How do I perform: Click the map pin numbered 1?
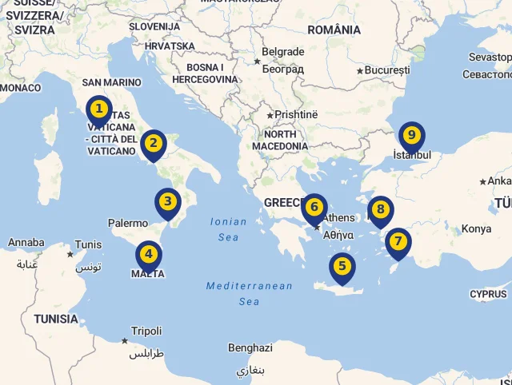pyautogui.click(x=98, y=109)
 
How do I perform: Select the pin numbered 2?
pyautogui.click(x=153, y=145)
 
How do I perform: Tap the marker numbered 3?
pyautogui.click(x=167, y=202)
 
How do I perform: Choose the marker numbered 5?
pyautogui.click(x=342, y=268)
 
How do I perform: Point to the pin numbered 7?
pyautogui.click(x=398, y=242)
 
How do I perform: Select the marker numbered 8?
pyautogui.click(x=381, y=211)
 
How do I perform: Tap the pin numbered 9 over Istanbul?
pyautogui.click(x=411, y=137)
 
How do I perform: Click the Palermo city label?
pyautogui.click(x=128, y=224)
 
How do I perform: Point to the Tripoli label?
pyautogui.click(x=146, y=331)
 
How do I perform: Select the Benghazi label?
pyautogui.click(x=250, y=348)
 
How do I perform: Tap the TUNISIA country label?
pyautogui.click(x=55, y=319)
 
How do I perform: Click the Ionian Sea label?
pyautogui.click(x=228, y=229)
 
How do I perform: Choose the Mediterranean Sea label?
pyautogui.click(x=249, y=293)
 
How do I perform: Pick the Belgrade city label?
pyautogui.click(x=283, y=52)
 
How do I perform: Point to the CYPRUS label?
pyautogui.click(x=488, y=294)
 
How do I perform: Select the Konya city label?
pyautogui.click(x=476, y=229)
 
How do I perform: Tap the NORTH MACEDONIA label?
pyautogui.click(x=279, y=141)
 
